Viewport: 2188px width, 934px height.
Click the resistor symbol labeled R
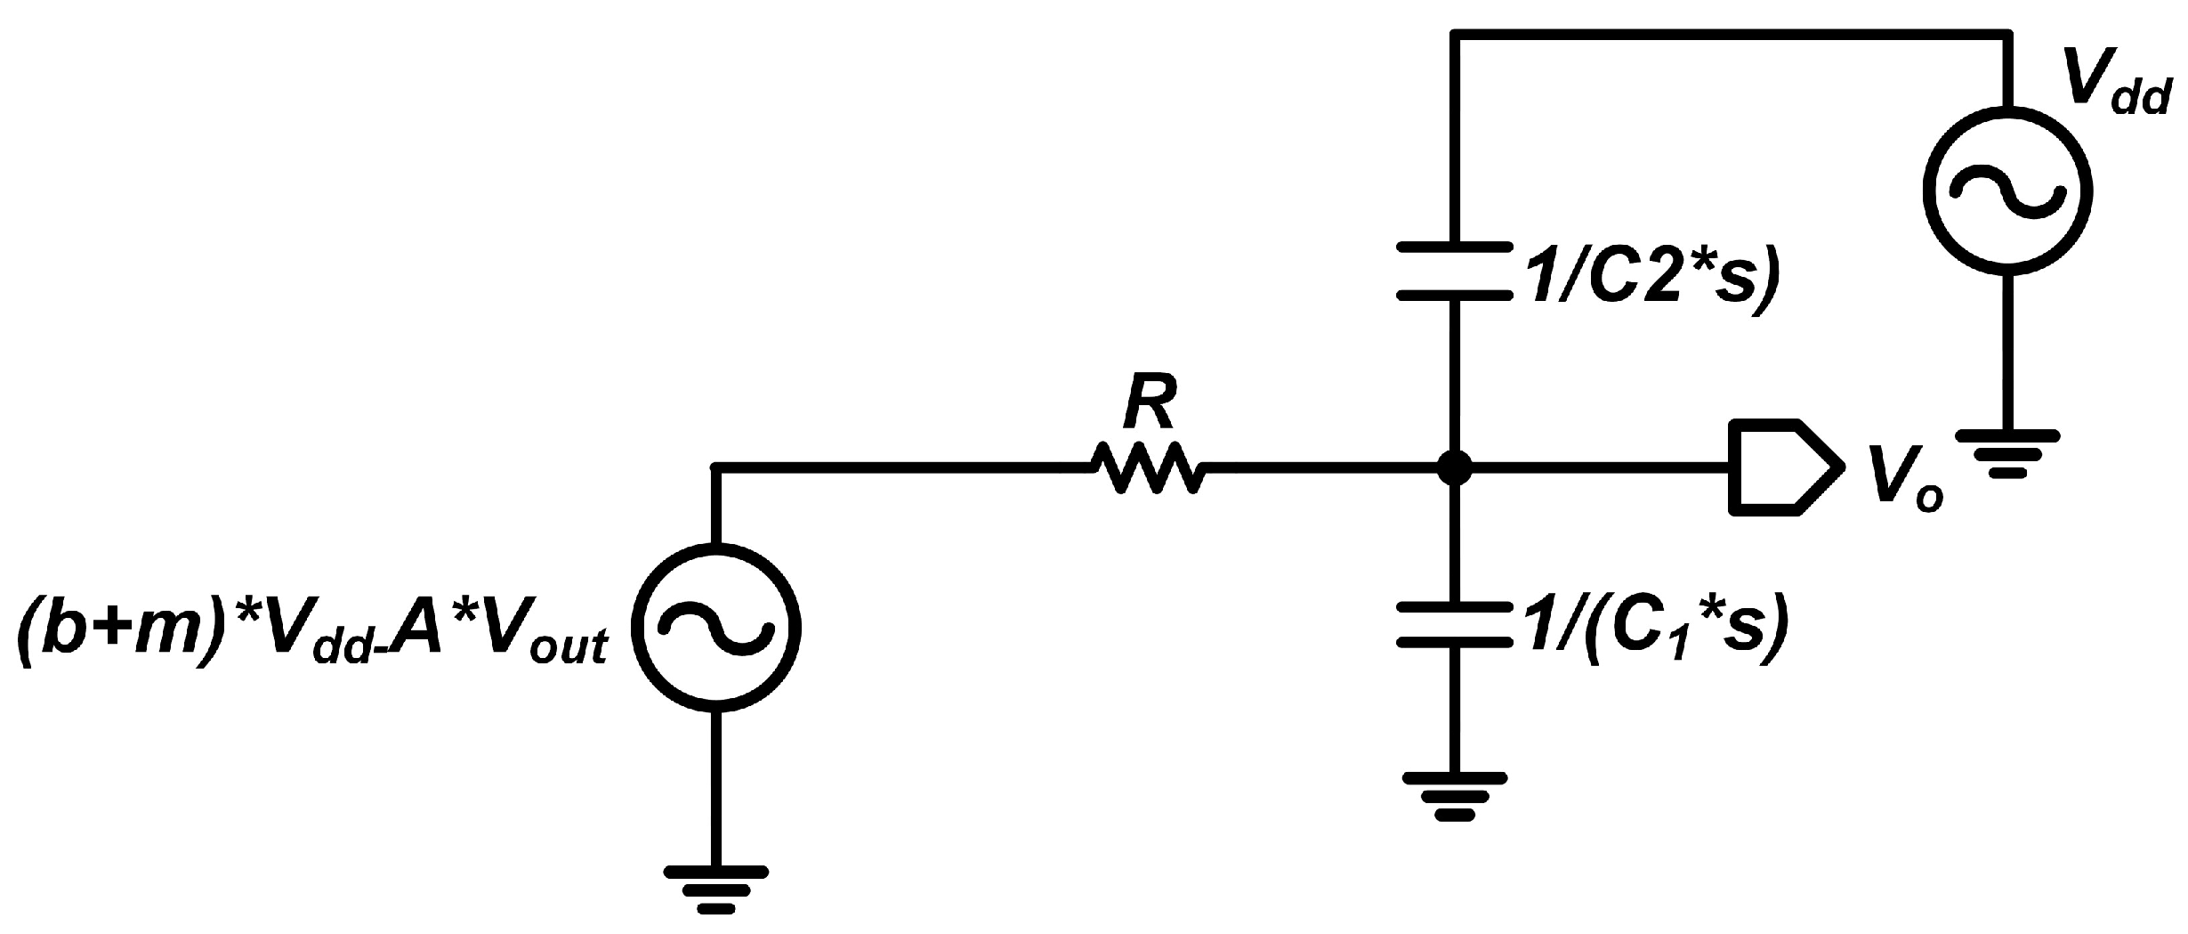1148,467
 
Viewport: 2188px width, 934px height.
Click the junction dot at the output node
1454,466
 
